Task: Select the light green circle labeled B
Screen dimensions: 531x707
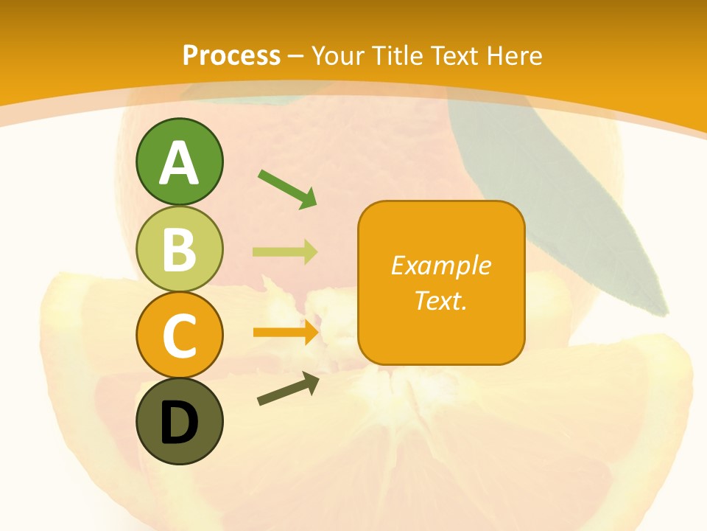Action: [x=179, y=249]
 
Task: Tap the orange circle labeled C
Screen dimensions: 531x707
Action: [x=179, y=335]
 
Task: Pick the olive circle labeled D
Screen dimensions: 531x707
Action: [x=179, y=422]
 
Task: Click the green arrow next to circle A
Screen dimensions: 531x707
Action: [x=287, y=189]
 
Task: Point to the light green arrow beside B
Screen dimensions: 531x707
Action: [x=285, y=252]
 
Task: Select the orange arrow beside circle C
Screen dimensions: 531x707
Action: [x=285, y=333]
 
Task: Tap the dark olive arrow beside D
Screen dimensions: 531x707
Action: [x=287, y=389]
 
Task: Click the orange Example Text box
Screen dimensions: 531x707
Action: [x=441, y=282]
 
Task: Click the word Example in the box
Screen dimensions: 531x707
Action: [x=441, y=265]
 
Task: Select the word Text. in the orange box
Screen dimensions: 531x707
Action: [x=441, y=300]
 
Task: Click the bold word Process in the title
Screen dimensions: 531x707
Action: [x=231, y=55]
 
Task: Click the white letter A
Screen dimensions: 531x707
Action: [x=179, y=164]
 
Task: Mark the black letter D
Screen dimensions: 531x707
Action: [x=179, y=424]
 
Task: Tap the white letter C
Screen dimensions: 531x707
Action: [x=179, y=336]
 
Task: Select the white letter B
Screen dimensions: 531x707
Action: [x=179, y=250]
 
